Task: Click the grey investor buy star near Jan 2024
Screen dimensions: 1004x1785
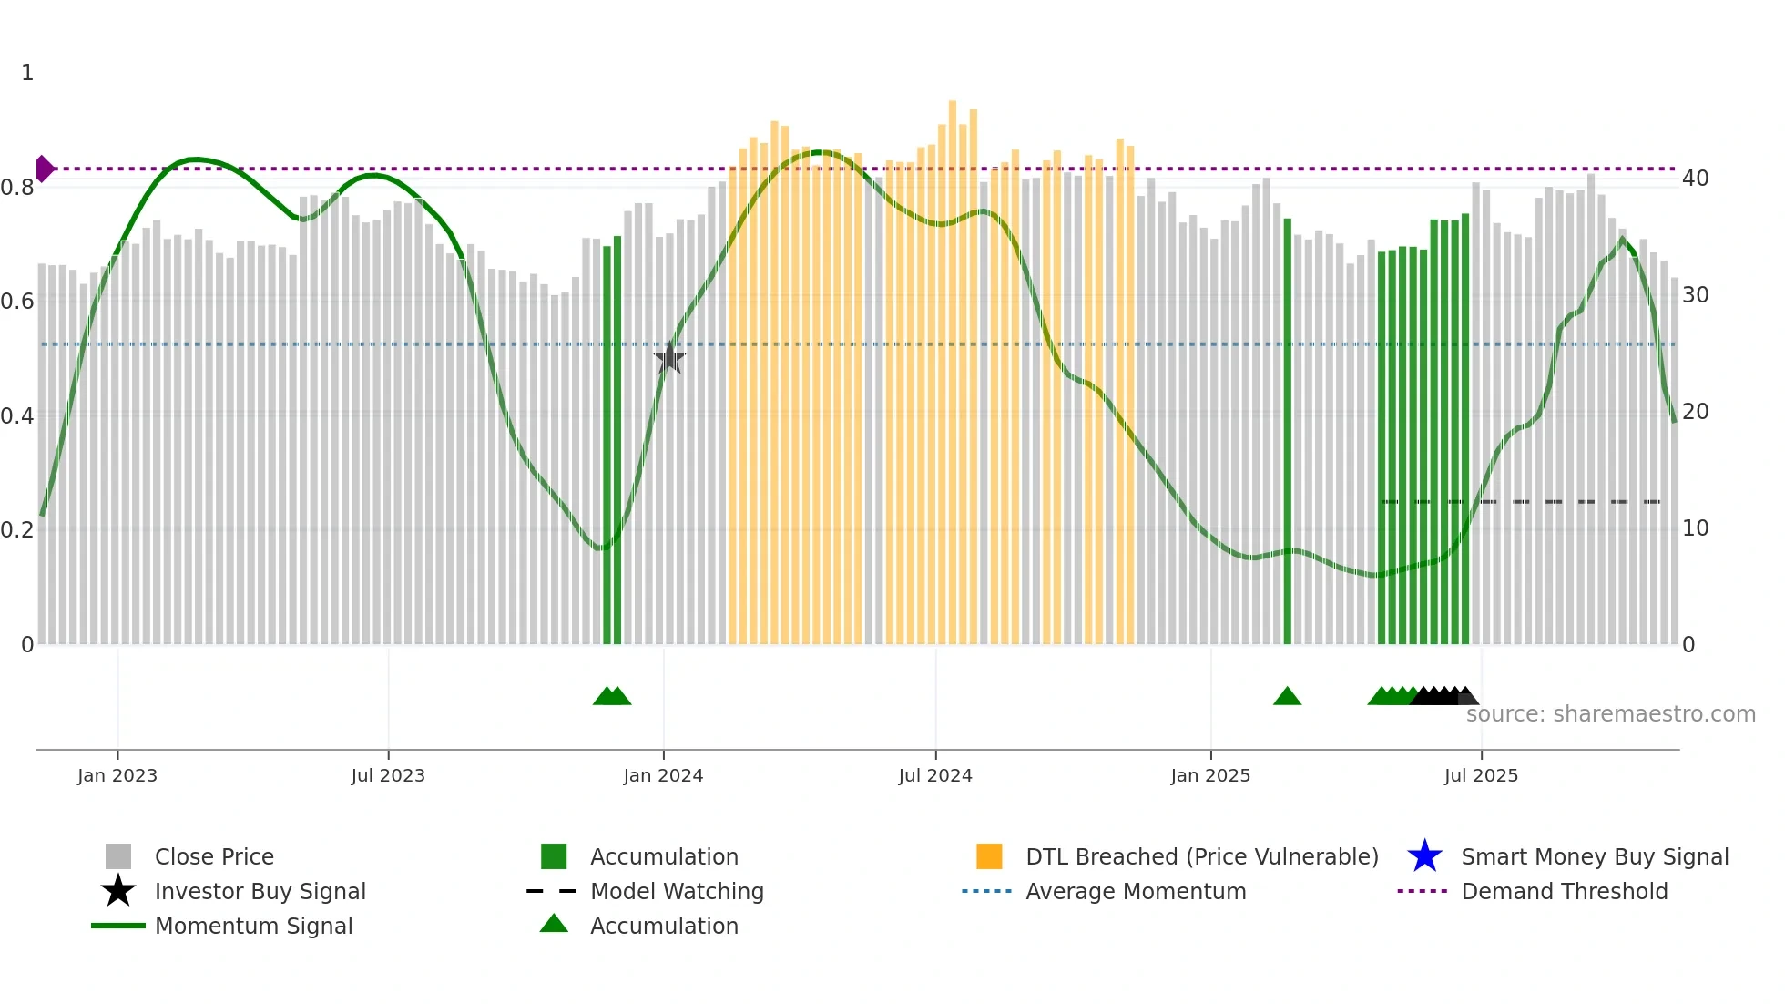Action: coord(669,358)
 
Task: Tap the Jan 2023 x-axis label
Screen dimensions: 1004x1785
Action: coord(117,775)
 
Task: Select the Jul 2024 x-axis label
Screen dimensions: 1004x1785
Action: coord(935,775)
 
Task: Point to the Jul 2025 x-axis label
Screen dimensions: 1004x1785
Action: coord(1481,775)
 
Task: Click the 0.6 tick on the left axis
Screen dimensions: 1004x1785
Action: coord(17,302)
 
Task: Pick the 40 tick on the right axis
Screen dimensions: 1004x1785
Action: coord(1696,179)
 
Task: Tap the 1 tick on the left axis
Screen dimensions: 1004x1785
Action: coord(27,73)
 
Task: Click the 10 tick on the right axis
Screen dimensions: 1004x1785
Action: coord(1696,528)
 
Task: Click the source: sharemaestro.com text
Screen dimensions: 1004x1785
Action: coord(1610,714)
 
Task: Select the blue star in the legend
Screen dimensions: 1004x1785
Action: coord(1424,856)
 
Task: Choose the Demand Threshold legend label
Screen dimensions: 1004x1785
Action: coord(1564,891)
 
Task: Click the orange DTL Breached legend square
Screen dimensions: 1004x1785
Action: coord(989,856)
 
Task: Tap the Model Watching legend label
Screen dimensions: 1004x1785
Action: coord(677,891)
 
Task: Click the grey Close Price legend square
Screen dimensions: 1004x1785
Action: coord(118,856)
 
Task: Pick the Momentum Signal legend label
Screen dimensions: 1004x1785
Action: coord(253,926)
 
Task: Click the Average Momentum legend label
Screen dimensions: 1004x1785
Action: coord(1136,891)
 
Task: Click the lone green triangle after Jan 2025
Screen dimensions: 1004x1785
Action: coord(1287,697)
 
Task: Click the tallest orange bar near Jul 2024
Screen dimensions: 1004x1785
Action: coord(953,364)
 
